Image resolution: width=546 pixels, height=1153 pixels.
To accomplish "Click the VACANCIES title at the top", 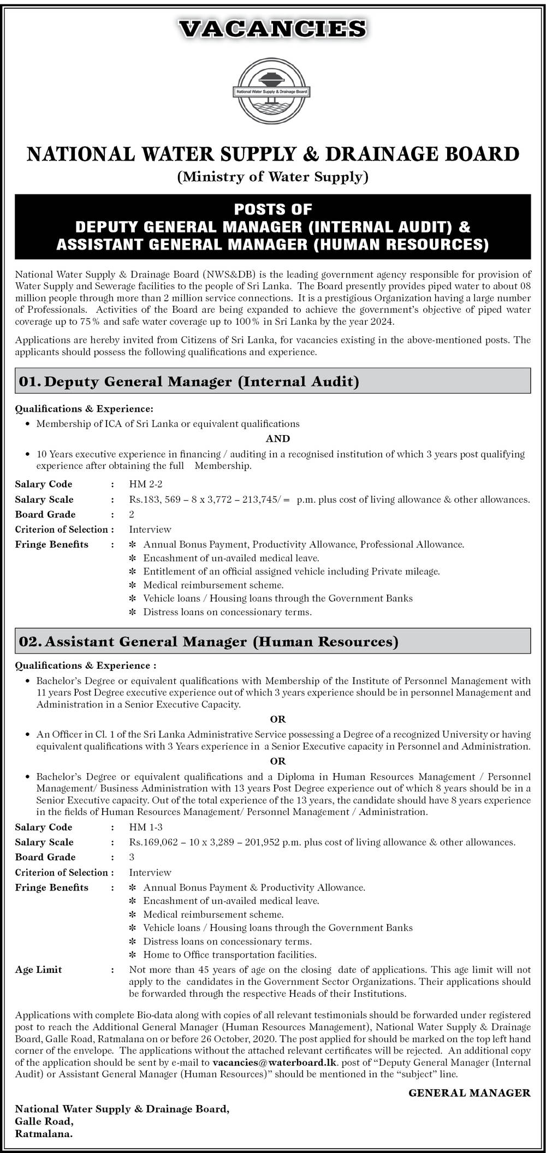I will click(272, 28).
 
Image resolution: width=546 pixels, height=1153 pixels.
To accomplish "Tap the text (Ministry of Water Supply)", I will click(273, 177).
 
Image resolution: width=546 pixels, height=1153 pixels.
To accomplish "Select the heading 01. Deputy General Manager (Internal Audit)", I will click(189, 381).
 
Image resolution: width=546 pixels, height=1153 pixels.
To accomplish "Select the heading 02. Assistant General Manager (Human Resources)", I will click(209, 641).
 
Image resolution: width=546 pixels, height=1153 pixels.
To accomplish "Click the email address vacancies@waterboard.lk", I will click(275, 1062).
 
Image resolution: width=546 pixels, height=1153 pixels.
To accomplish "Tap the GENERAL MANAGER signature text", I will click(469, 1092).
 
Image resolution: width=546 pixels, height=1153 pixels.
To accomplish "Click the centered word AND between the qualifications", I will click(278, 438).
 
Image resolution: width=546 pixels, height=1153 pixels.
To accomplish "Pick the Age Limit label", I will click(38, 970).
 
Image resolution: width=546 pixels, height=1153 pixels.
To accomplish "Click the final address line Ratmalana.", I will click(44, 1133).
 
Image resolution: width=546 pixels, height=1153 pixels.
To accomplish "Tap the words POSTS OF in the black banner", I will click(272, 209).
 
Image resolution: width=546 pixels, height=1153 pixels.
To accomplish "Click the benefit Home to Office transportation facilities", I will click(230, 954).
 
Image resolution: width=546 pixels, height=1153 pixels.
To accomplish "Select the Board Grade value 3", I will click(132, 857).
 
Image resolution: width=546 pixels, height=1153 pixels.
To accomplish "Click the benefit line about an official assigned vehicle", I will click(292, 571).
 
